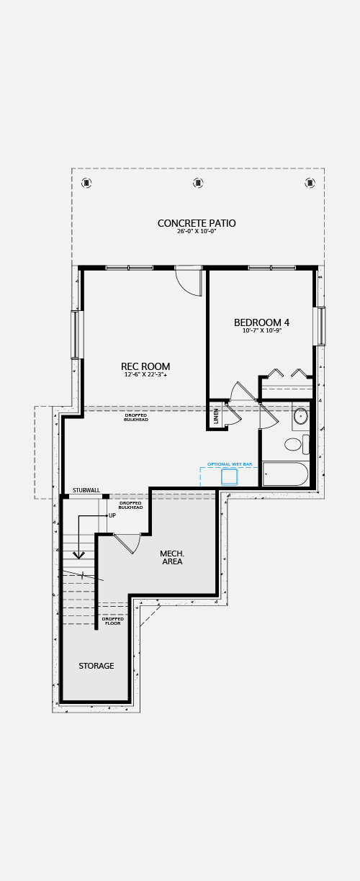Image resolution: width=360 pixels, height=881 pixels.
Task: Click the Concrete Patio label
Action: coord(197,223)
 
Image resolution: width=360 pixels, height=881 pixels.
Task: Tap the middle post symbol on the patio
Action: coord(198,183)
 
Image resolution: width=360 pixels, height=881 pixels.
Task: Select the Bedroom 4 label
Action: coord(261,322)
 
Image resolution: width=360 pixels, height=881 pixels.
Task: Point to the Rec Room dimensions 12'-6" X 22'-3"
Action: coord(145,375)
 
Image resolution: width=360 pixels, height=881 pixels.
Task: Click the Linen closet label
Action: coord(215,416)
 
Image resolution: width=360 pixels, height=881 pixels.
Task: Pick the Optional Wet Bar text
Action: coord(230,464)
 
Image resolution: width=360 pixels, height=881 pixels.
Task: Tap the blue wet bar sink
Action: coord(230,477)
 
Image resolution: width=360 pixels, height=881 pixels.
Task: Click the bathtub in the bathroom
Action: coord(285,474)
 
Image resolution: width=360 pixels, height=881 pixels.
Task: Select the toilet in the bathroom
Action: coord(297,445)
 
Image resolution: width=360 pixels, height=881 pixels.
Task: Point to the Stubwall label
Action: coord(86,490)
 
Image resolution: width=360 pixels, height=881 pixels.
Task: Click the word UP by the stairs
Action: coord(112,515)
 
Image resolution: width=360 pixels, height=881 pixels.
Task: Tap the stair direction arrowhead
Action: coord(78,555)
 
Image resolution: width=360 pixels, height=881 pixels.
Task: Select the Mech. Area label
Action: coord(172,558)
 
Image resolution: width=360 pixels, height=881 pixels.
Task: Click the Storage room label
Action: coord(96,666)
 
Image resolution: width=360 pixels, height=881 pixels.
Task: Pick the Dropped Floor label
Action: coord(113,621)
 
